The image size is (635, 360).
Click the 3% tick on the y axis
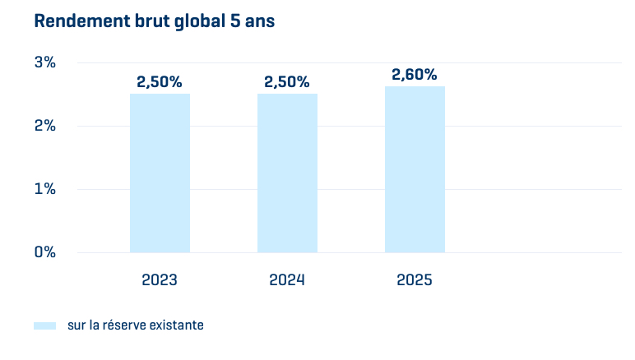click(x=44, y=62)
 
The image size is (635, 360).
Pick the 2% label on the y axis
click(x=44, y=126)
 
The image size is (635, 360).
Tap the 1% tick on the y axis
click(x=44, y=189)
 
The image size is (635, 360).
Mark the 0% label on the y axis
click(x=44, y=252)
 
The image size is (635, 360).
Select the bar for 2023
click(x=160, y=173)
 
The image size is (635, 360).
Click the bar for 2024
click(x=287, y=173)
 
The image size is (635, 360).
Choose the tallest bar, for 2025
click(x=415, y=169)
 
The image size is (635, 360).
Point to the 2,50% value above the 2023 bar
click(x=160, y=82)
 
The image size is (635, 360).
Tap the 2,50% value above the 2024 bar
click(x=287, y=82)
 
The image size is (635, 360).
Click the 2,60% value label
click(x=415, y=75)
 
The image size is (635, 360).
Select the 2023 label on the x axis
click(x=160, y=279)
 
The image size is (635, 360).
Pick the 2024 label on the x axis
click(x=287, y=279)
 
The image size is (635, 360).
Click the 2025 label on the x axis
click(x=415, y=279)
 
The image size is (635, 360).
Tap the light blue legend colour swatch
click(x=44, y=325)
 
